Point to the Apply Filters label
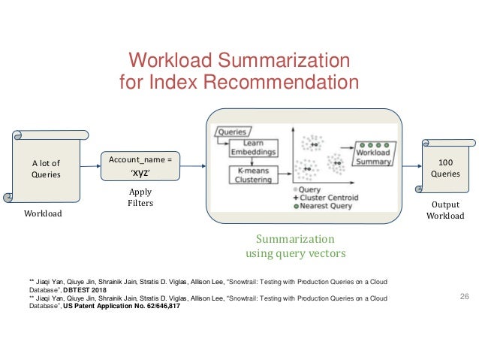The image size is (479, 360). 140,197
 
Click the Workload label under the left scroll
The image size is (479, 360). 44,214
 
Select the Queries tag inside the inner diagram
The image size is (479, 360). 231,132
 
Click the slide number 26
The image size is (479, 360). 463,298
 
